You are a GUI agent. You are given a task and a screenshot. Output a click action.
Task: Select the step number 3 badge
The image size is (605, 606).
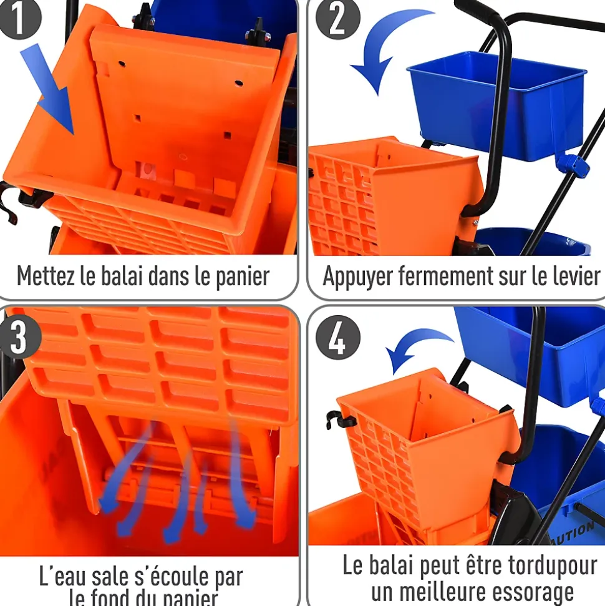point(19,337)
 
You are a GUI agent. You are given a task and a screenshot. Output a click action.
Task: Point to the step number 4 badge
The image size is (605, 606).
point(337,337)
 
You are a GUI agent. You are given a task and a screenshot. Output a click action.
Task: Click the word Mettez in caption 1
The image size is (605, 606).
point(46,276)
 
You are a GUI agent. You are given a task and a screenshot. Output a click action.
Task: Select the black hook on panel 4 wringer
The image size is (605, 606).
point(340,419)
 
